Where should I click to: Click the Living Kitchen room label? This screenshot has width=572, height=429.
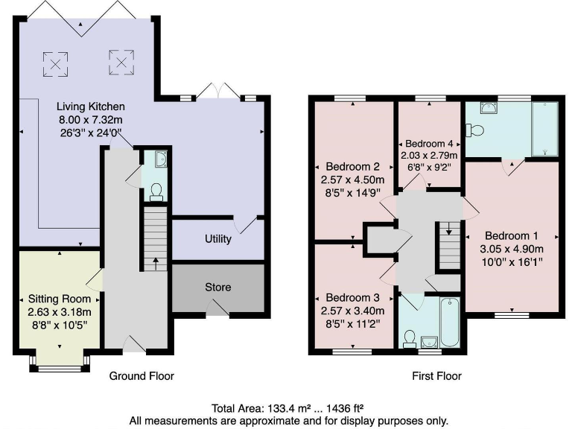93,107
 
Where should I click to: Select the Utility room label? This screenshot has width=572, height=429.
218,239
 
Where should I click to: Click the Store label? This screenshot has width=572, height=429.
218,287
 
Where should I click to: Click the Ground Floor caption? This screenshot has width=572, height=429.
142,376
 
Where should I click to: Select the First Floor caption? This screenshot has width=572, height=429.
436,376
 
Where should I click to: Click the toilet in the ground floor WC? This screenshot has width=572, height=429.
156,191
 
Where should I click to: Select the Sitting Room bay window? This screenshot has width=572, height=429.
60,365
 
